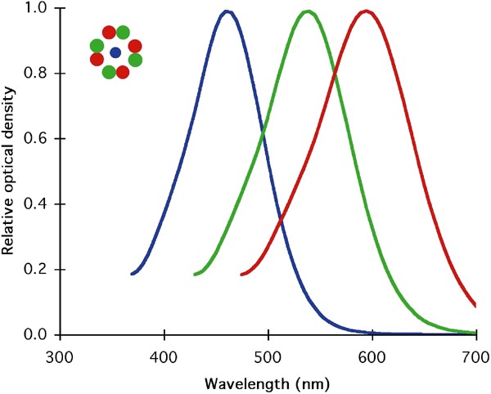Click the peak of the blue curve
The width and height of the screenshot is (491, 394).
pos(227,11)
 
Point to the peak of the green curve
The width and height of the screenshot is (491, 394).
pos(308,11)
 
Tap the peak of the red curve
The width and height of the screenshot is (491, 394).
pos(366,11)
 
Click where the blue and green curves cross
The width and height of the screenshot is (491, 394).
pos(263,133)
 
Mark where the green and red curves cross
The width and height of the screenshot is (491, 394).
pos(336,77)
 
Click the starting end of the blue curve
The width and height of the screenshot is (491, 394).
pos(132,274)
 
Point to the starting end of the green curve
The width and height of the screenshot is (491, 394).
pos(195,275)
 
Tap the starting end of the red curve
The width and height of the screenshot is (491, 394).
pos(241,275)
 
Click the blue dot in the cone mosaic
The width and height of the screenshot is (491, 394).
pos(115,52)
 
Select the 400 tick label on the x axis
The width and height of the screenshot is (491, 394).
pos(164,356)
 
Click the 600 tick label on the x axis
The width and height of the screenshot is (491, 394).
pos(372,356)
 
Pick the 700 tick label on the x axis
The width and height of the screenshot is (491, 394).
pos(475,356)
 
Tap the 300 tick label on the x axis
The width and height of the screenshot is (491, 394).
pos(59,356)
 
